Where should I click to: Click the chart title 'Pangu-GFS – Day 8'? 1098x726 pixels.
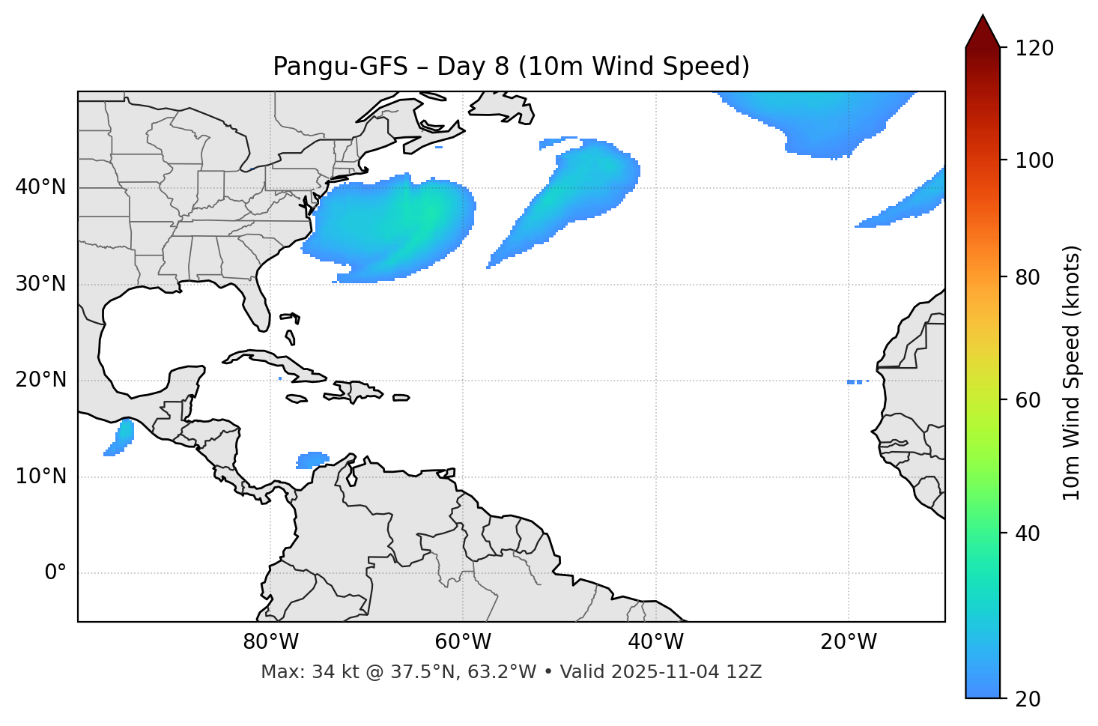tap(511, 67)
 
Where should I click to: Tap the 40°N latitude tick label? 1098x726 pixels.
tap(40, 187)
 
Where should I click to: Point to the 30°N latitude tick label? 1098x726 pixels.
tap(40, 284)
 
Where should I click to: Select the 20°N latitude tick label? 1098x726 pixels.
tap(40, 380)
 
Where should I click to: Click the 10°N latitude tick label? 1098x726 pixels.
tap(40, 477)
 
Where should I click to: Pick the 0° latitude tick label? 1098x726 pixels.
tap(55, 573)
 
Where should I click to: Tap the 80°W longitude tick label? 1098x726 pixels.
tap(270, 642)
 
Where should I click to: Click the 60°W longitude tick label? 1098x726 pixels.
tap(463, 642)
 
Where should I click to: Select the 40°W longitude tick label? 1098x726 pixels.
tap(655, 642)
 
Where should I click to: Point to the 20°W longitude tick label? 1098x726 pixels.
tap(848, 642)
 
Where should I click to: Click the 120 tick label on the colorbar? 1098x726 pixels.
tap(1034, 49)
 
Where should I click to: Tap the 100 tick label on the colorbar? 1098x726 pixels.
tap(1034, 160)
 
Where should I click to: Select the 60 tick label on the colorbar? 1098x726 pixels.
tap(1028, 400)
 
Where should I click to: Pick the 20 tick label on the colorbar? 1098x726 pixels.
tap(1028, 699)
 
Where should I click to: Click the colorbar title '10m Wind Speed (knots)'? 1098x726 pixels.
tap(1072, 373)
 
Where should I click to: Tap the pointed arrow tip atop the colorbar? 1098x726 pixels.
tap(982, 18)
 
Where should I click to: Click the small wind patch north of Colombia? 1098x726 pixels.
tap(312, 459)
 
